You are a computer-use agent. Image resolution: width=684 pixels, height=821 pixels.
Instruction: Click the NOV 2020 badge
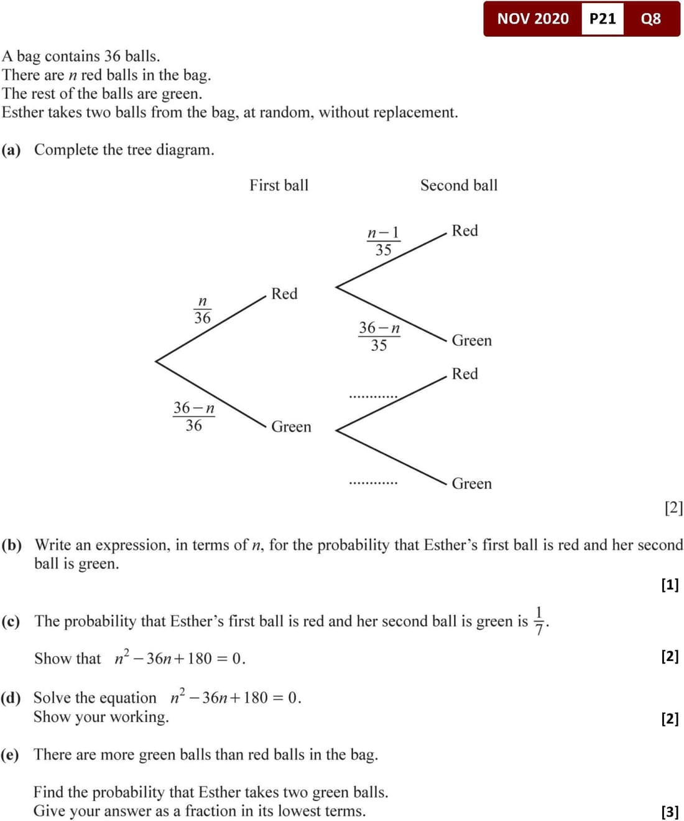tap(533, 19)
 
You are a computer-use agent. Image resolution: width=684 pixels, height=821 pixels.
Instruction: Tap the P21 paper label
tap(602, 19)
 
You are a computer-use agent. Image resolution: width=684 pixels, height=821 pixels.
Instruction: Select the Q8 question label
tap(650, 19)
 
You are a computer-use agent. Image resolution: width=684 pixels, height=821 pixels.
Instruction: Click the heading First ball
tap(279, 185)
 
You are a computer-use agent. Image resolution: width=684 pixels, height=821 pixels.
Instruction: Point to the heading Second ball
tap(459, 185)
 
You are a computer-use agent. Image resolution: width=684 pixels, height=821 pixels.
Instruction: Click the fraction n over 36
tap(202, 309)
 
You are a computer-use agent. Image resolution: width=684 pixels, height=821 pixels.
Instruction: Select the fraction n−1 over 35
tap(383, 241)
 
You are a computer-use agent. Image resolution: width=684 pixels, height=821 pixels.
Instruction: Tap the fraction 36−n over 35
tap(379, 336)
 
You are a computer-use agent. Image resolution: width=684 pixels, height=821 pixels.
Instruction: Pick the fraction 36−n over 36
tap(193, 416)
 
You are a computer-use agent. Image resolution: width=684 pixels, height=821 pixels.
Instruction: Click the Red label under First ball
tap(284, 293)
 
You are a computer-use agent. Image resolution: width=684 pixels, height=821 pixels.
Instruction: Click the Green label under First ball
tap(291, 426)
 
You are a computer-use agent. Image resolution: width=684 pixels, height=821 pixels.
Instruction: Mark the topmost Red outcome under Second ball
tap(464, 230)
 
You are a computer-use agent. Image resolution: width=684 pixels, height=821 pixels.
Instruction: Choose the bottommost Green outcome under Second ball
tap(471, 484)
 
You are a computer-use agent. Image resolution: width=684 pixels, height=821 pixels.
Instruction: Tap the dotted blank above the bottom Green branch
tap(373, 481)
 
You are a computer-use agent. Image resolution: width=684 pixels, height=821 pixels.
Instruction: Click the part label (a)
tap(11, 150)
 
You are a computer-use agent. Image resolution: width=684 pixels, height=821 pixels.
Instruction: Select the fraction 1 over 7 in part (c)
tap(538, 621)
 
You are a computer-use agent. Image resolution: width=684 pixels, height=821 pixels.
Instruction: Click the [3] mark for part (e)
tap(670, 811)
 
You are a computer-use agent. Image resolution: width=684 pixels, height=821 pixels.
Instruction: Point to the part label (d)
tap(11, 698)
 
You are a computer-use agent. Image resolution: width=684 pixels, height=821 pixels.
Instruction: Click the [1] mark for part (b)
tap(670, 584)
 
